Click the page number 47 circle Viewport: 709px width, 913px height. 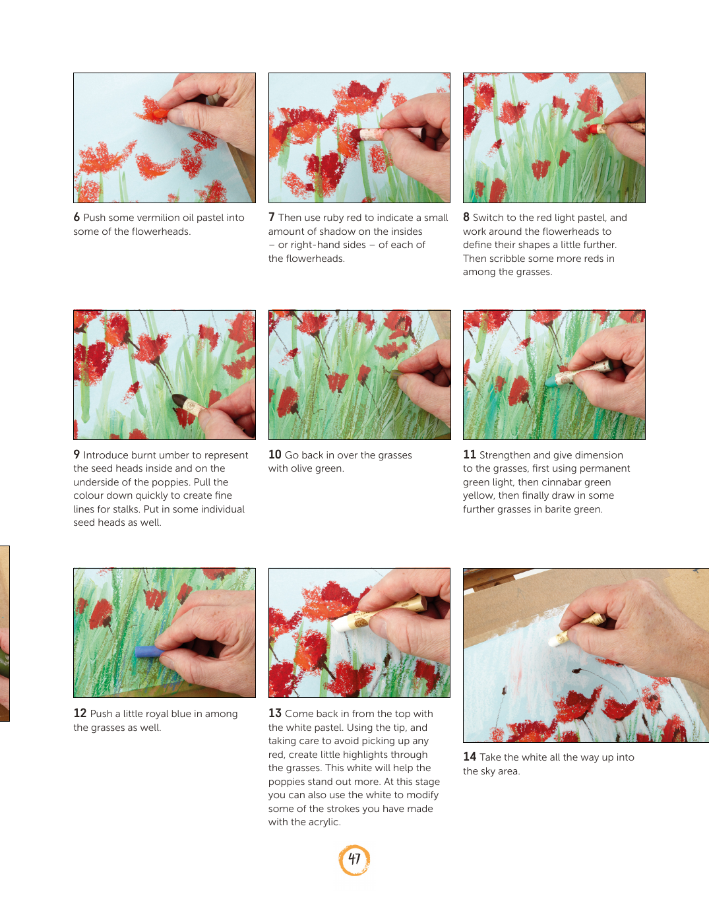[x=354, y=860]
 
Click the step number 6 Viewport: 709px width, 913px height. [x=77, y=217]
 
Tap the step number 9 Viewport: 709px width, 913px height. [x=77, y=455]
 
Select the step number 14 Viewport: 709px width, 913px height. [x=470, y=757]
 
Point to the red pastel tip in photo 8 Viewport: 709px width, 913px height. [x=594, y=128]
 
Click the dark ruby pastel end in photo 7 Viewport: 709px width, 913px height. [x=356, y=135]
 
